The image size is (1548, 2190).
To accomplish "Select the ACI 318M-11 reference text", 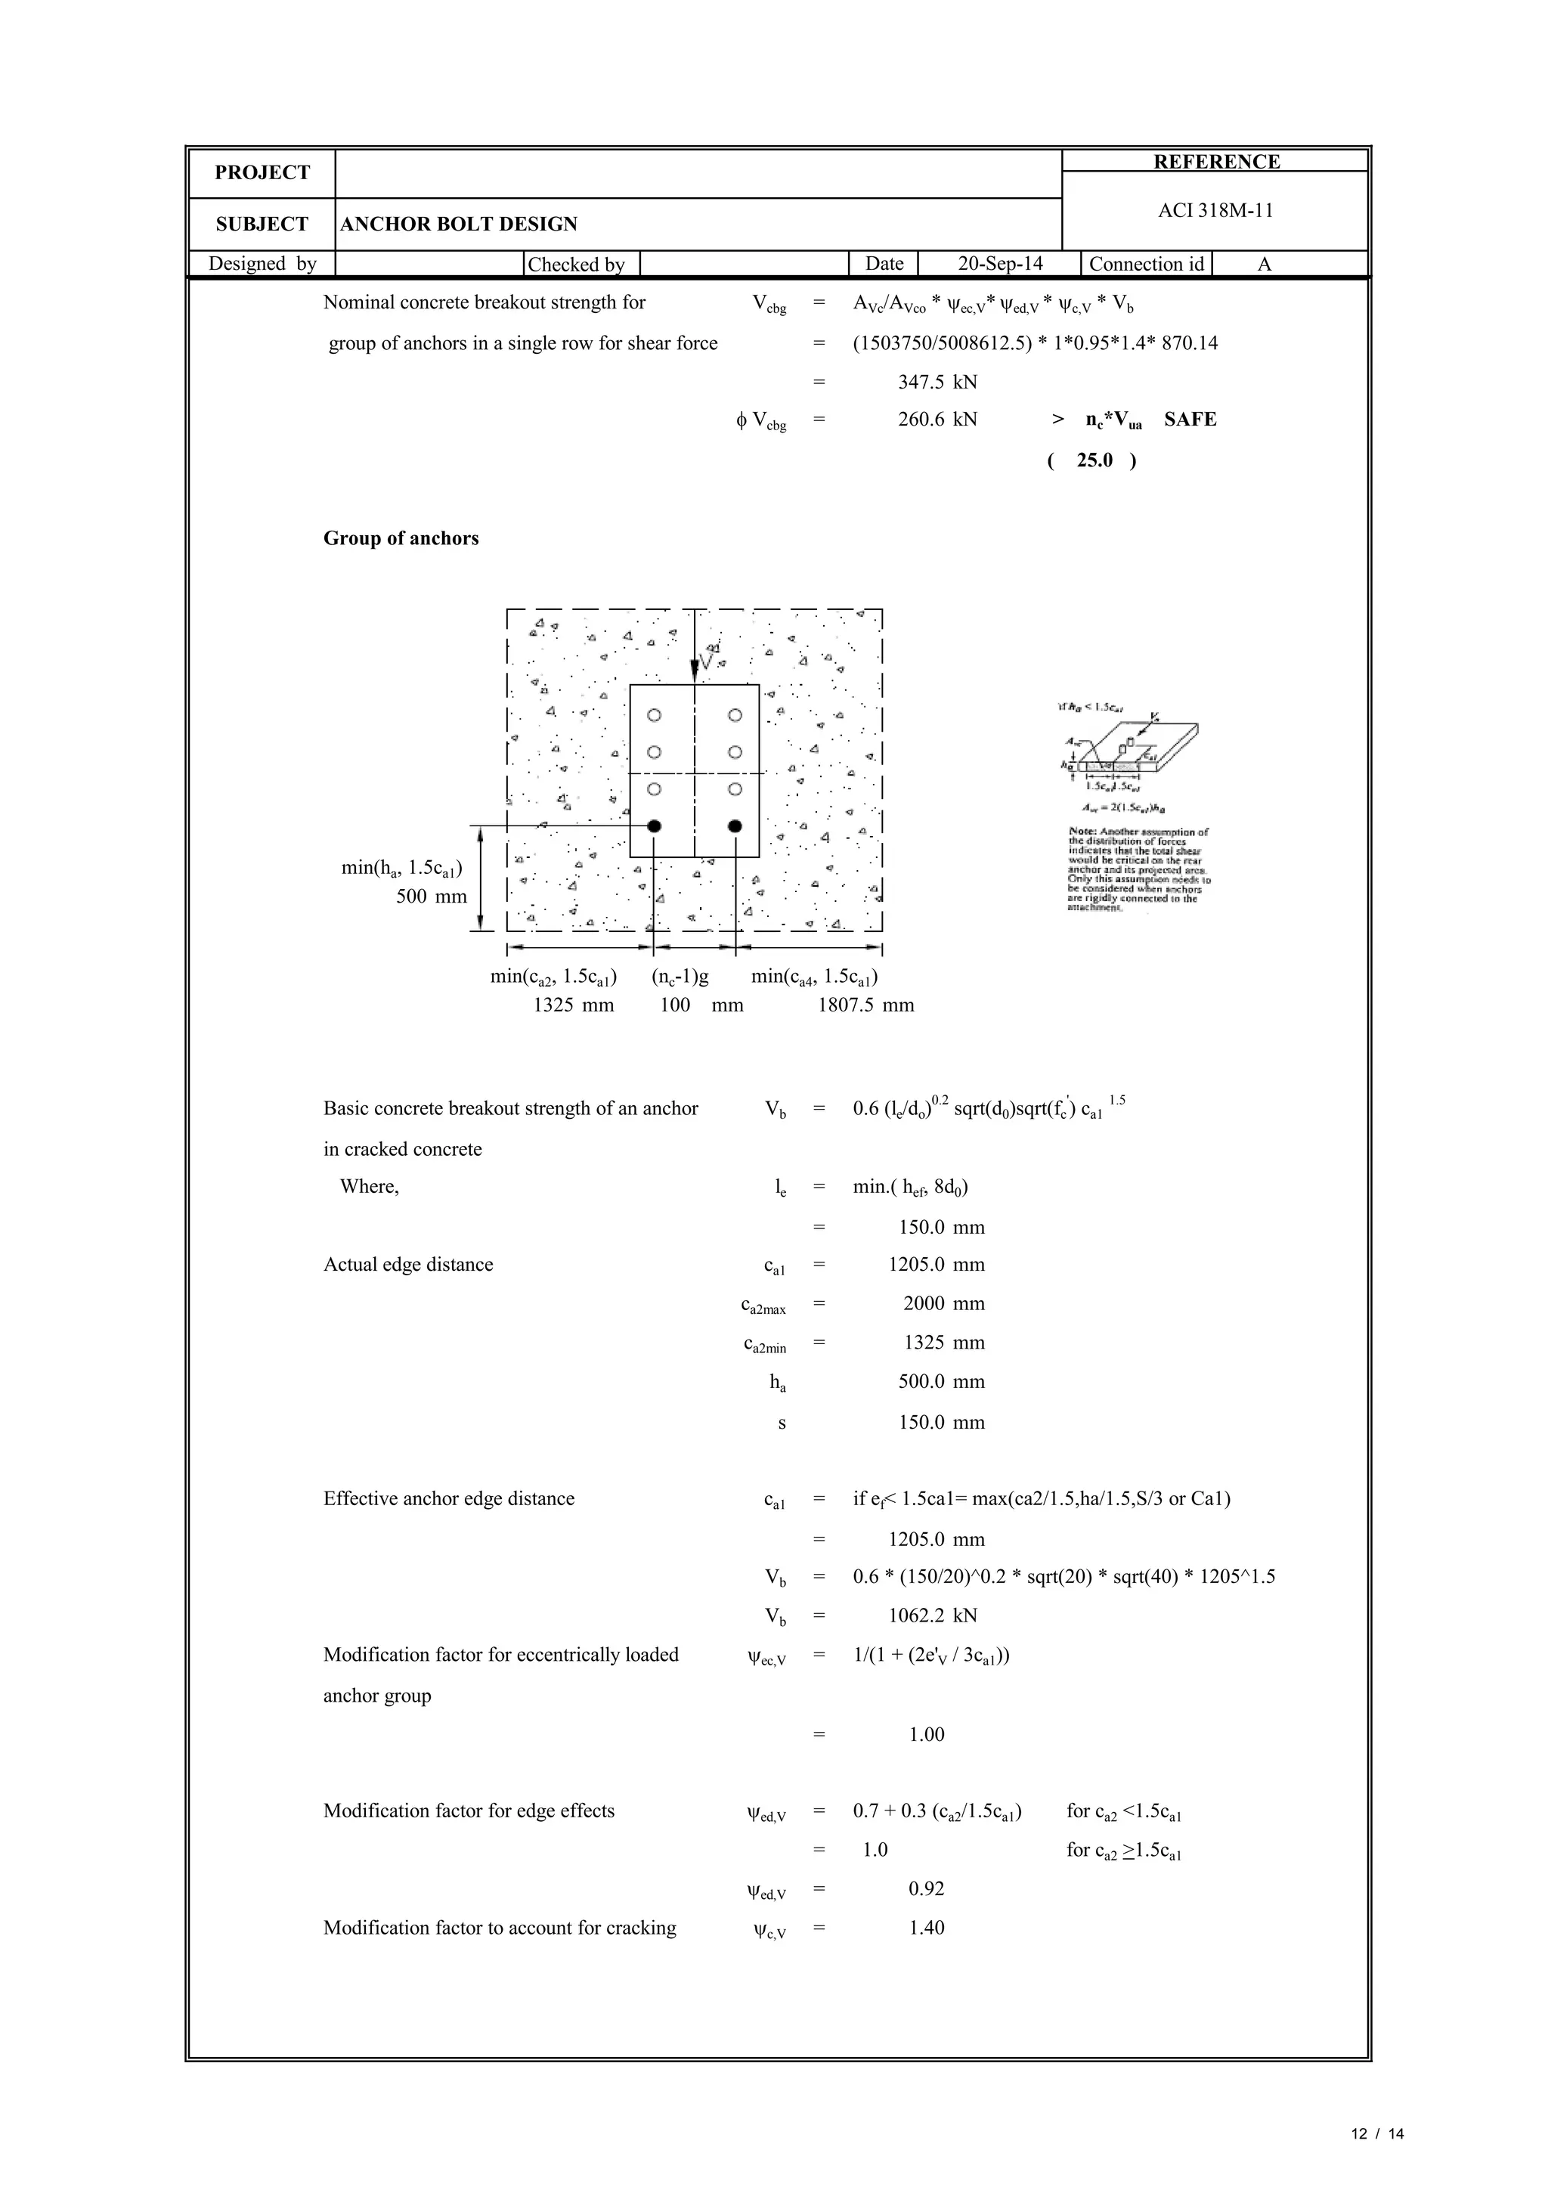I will click(1215, 211).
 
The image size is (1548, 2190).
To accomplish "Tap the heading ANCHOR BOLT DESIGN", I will click(459, 225).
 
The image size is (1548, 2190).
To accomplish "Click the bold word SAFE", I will click(1190, 420).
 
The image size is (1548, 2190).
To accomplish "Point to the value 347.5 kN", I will click(937, 383).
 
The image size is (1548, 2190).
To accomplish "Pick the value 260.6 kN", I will click(937, 420).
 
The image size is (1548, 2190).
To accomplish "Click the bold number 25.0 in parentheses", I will click(1094, 460).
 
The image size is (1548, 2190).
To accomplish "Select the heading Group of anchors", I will click(401, 539).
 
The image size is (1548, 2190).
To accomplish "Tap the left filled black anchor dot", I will click(655, 826).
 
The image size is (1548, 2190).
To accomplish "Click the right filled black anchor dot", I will click(735, 826).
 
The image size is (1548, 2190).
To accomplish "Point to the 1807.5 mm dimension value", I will click(865, 1005).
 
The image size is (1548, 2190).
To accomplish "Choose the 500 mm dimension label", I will click(431, 897).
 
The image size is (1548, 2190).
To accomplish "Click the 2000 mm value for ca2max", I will click(943, 1304).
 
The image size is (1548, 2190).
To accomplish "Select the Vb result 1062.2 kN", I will click(932, 1615).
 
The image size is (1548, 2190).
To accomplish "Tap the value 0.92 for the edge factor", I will click(926, 1890).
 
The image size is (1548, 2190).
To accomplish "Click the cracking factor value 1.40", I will click(926, 1928).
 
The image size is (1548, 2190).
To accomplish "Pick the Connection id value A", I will click(1264, 265).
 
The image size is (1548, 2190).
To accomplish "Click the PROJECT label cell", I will click(262, 172).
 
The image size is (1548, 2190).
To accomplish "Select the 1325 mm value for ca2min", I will click(943, 1343).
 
